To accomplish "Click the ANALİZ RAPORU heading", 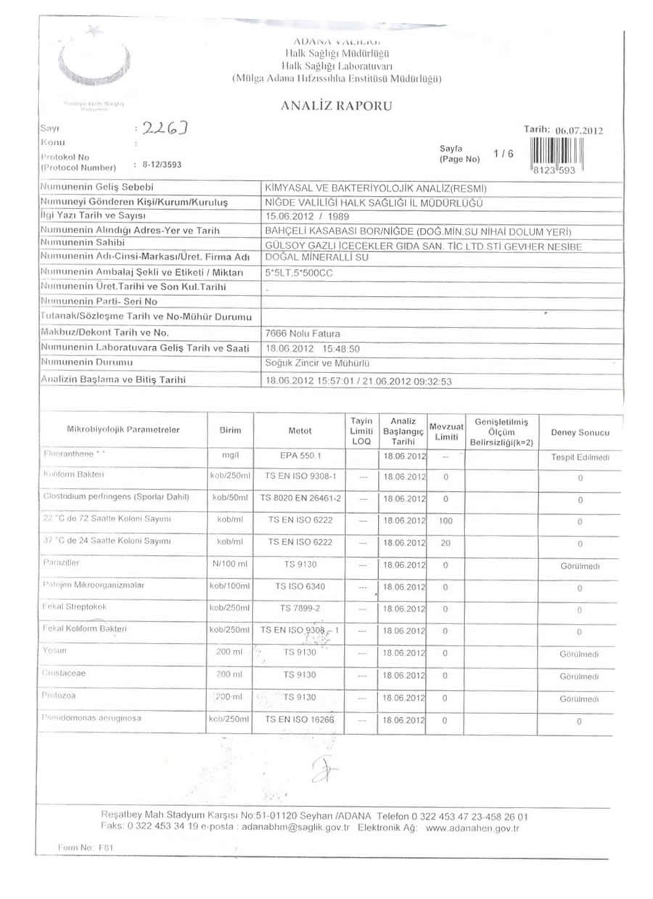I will pos(336,107).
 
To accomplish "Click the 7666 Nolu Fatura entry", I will pos(299,333).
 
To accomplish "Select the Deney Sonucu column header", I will pos(580,432).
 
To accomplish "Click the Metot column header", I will pos(300,431).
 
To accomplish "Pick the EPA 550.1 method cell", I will pos(300,457).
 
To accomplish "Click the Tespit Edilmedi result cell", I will pos(580,458).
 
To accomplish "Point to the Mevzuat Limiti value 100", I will pos(445,521).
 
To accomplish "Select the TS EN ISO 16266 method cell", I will pos(300,721).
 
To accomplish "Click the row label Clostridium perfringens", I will pos(116,497).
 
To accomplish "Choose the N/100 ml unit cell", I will pos(229,564).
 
